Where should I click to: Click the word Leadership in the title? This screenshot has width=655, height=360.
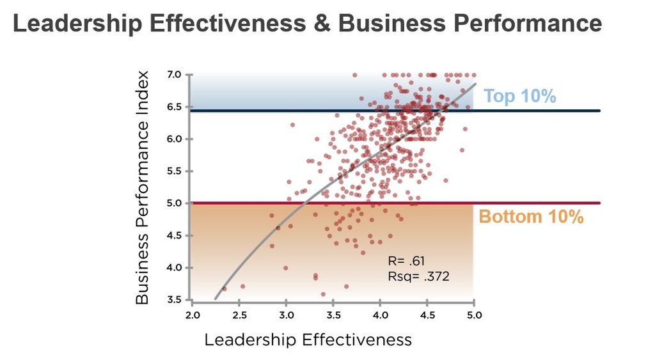tap(77, 24)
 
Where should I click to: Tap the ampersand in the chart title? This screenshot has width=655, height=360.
tap(322, 24)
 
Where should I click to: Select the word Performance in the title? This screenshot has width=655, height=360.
tap(528, 24)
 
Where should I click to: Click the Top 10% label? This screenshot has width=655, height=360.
tap(519, 96)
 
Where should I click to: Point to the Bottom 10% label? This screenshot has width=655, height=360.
tap(531, 217)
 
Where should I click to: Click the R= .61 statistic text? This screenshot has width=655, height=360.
tap(406, 261)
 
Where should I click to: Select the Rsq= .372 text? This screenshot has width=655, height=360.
tap(418, 276)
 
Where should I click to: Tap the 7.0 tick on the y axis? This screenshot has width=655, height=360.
tap(174, 75)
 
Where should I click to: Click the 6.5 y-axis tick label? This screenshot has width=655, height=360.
tap(174, 107)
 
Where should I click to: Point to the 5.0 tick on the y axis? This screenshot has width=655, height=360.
tap(174, 203)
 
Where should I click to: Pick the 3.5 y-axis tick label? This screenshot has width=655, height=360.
tap(174, 300)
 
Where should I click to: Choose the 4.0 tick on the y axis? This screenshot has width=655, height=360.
tap(174, 268)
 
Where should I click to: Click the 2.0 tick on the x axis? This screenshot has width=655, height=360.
tap(193, 315)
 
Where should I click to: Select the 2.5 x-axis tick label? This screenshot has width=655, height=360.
tap(239, 315)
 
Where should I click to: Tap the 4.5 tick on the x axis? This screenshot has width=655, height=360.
tap(427, 315)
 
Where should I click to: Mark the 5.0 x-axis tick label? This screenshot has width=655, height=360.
tap(474, 315)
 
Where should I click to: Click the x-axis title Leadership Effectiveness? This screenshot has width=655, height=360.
tap(308, 340)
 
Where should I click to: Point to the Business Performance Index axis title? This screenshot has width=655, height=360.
tap(142, 187)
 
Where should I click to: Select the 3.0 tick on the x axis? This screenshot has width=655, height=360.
tap(286, 315)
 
